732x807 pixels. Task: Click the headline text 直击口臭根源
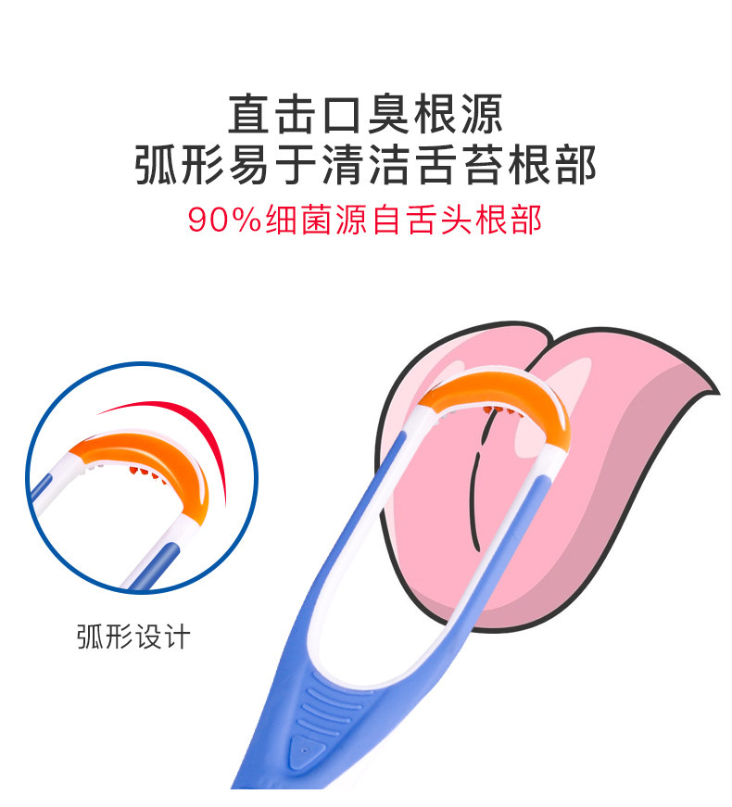(366, 116)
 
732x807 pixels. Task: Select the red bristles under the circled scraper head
(144, 476)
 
